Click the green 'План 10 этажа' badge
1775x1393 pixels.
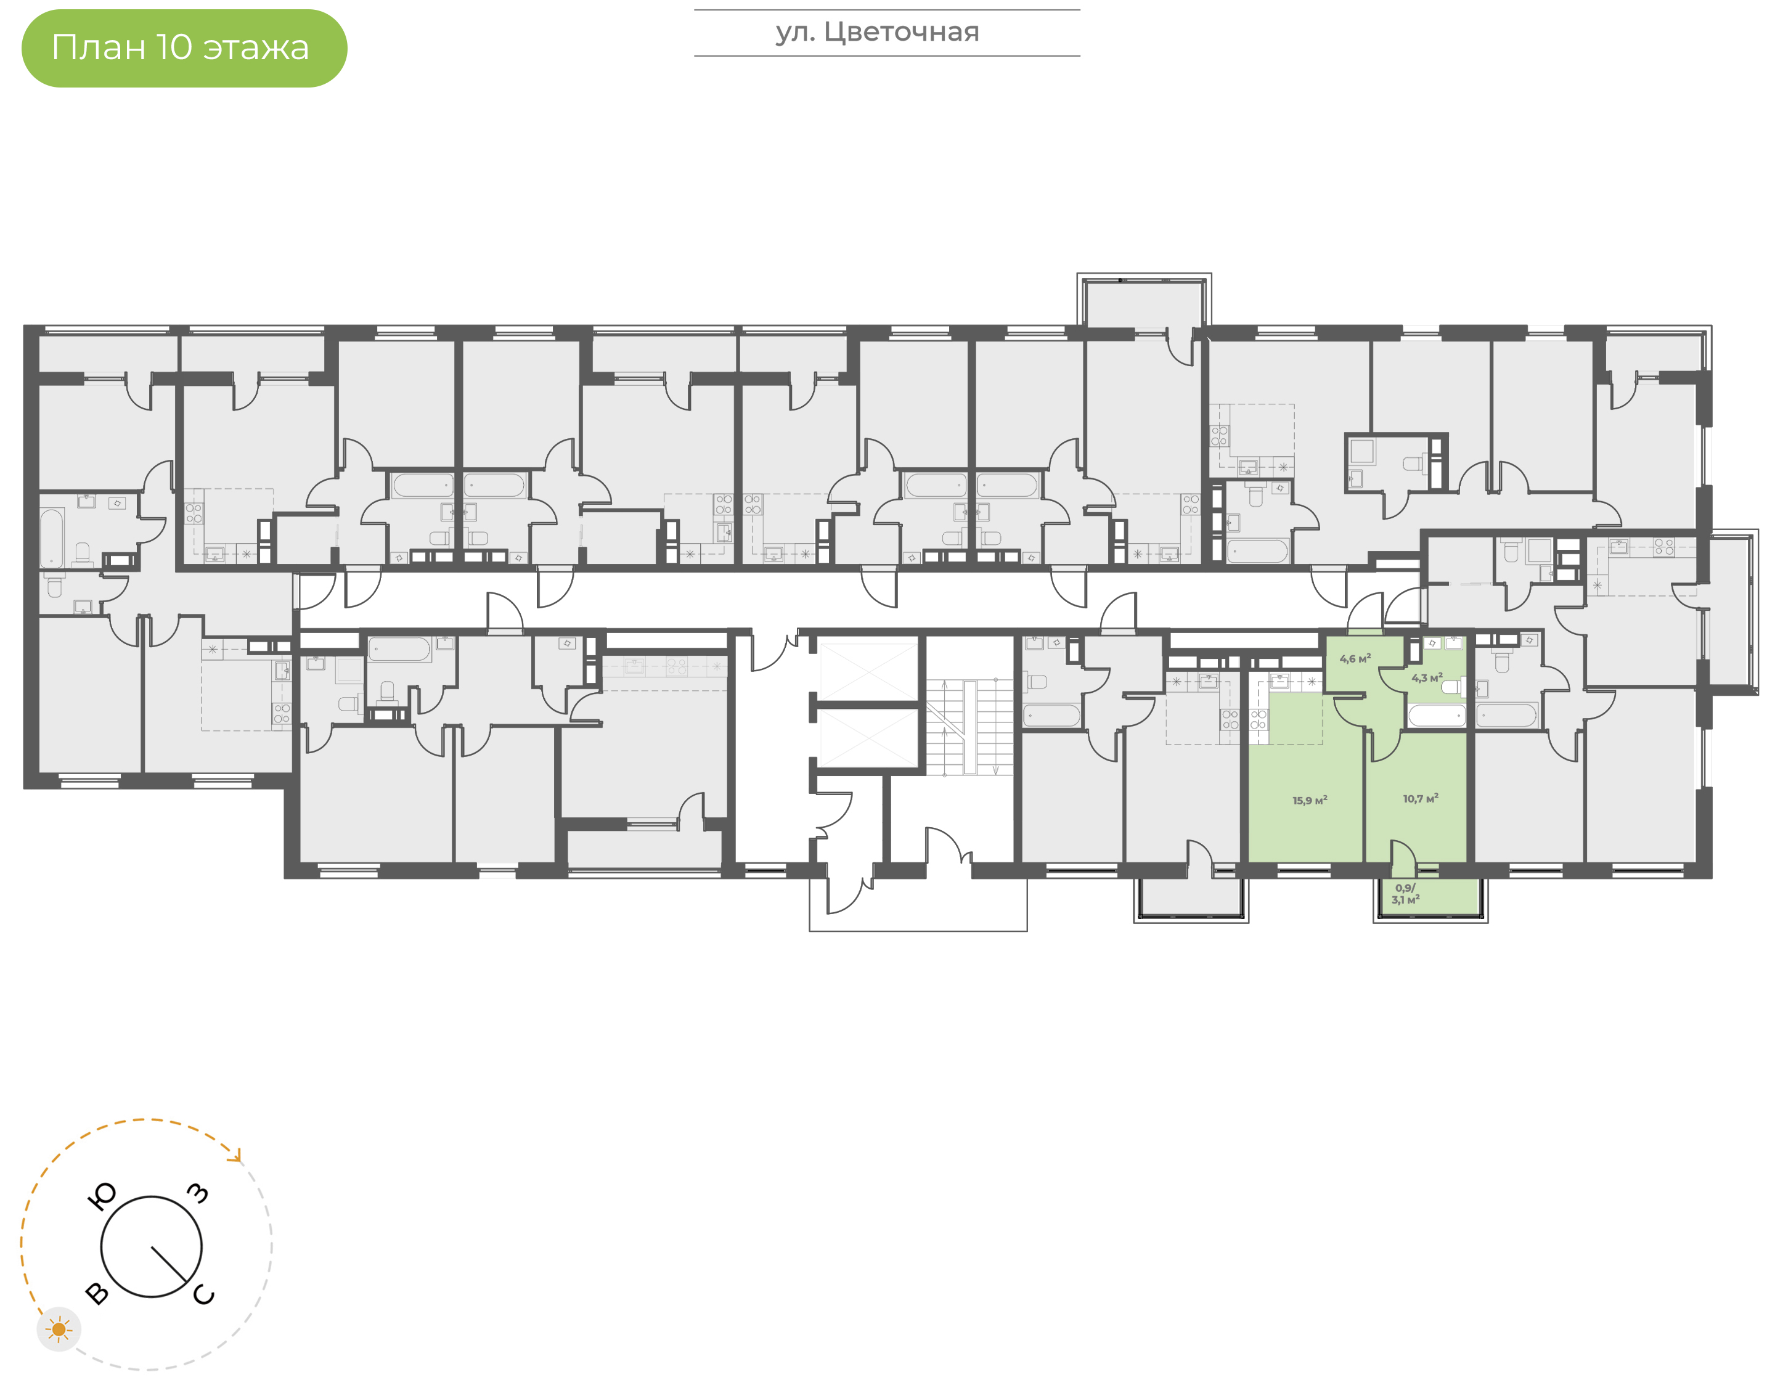pos(184,48)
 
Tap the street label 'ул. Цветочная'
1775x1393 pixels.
pos(877,33)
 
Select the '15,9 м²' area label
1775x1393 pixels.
pos(1310,800)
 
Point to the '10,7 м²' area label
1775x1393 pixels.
pos(1421,798)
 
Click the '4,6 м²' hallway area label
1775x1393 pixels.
pos(1355,658)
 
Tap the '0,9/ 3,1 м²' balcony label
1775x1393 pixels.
pos(1406,894)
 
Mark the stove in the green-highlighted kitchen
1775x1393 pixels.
pos(1258,719)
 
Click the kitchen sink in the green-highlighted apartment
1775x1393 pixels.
pos(1279,681)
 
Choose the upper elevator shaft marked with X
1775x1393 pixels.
pos(868,671)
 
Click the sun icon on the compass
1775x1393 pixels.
pos(59,1330)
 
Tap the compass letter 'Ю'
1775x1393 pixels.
pos(102,1196)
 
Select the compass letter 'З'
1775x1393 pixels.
pos(198,1193)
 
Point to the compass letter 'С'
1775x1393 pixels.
pos(204,1294)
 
